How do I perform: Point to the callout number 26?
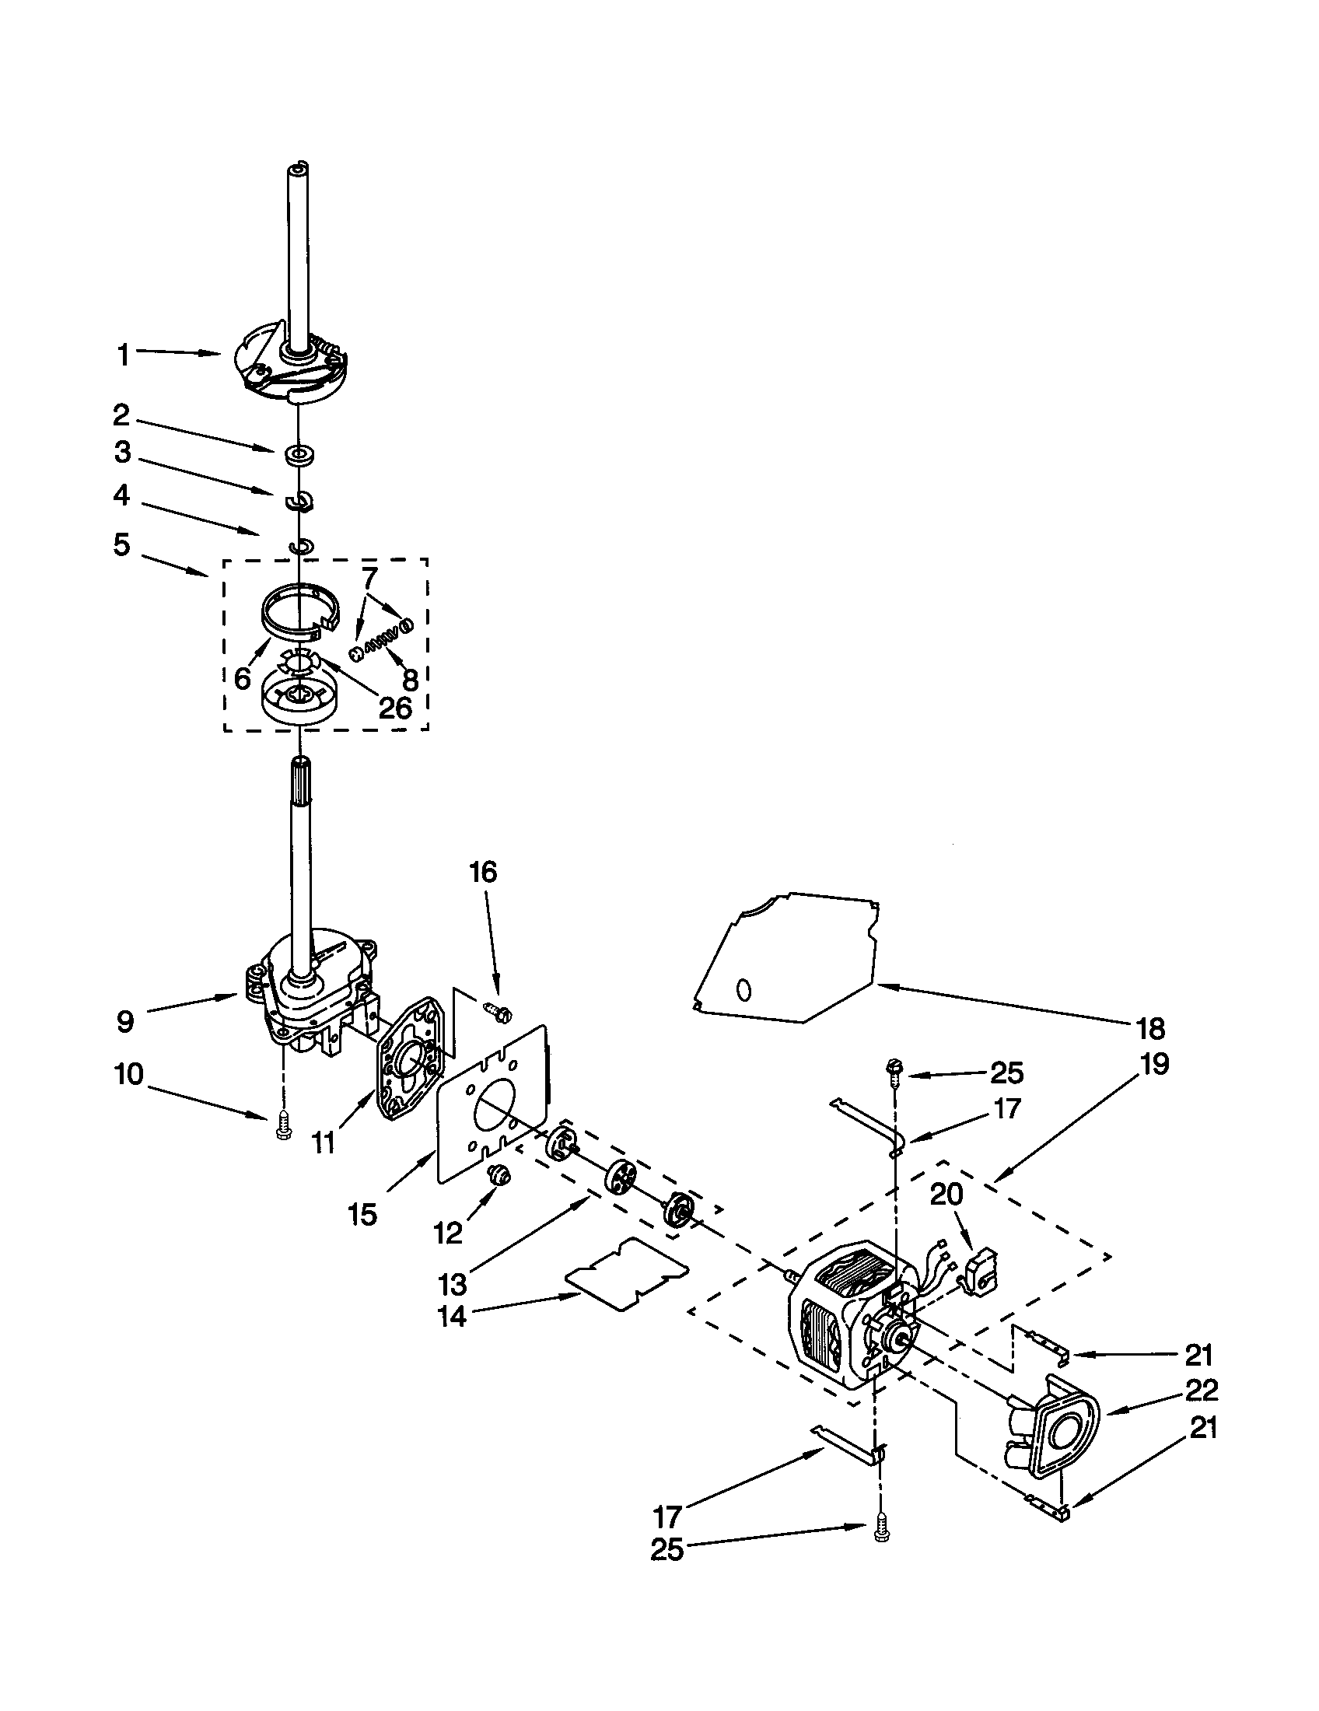(395, 708)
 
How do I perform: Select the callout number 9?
(125, 1022)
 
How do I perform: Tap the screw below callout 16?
(499, 1011)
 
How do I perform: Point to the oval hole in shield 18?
(744, 990)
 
